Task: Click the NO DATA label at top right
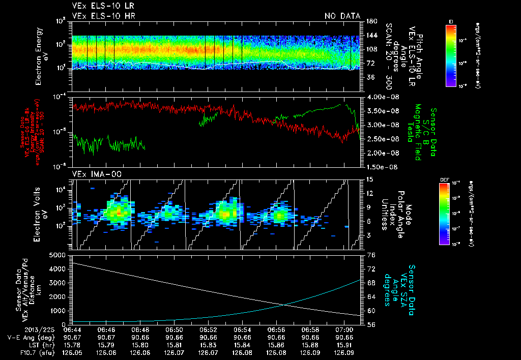[x=342, y=16]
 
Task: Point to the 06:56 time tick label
[x=276, y=329]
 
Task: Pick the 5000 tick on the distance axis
[x=60, y=254]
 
